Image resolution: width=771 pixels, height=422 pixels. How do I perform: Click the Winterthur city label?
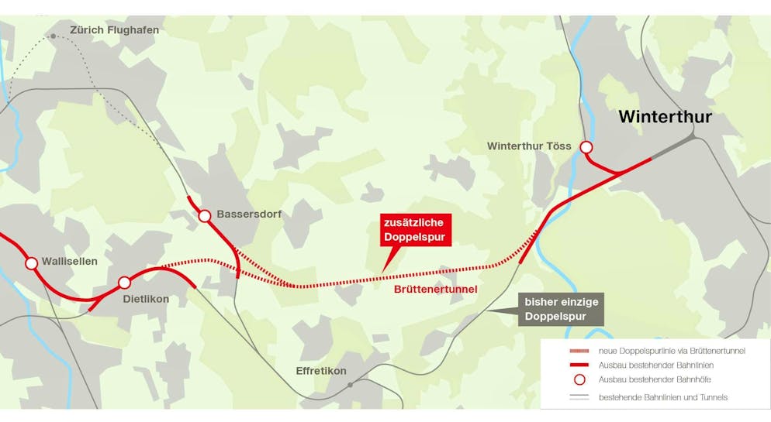[665, 117]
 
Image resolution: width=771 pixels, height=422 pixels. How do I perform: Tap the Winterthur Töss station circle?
[586, 147]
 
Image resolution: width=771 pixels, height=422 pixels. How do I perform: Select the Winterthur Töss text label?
[529, 146]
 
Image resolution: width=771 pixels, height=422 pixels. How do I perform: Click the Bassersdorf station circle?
[205, 216]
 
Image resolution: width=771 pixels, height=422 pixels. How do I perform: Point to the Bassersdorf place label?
[249, 214]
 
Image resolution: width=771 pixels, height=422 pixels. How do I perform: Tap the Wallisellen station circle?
[31, 263]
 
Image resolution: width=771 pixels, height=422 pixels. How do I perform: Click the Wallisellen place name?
[70, 262]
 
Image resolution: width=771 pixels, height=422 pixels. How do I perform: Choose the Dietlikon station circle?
[124, 283]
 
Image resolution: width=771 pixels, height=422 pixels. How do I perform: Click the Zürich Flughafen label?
[114, 30]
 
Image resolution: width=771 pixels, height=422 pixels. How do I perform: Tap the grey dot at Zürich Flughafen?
[53, 36]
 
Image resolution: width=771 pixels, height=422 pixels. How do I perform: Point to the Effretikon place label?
[321, 371]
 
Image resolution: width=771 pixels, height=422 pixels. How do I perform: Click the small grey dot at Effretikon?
[351, 384]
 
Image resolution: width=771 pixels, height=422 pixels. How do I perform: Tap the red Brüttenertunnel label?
[434, 289]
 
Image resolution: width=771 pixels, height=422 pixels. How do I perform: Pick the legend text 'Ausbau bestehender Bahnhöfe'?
[655, 379]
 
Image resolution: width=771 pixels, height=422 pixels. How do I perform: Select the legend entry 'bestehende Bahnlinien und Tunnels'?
[663, 397]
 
